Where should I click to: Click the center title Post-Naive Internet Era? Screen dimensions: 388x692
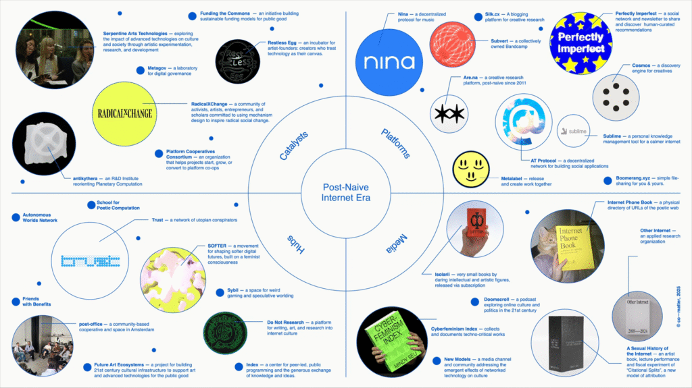point(345,193)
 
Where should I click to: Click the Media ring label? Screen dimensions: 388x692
point(395,242)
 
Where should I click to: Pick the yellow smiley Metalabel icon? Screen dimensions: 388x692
point(470,169)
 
